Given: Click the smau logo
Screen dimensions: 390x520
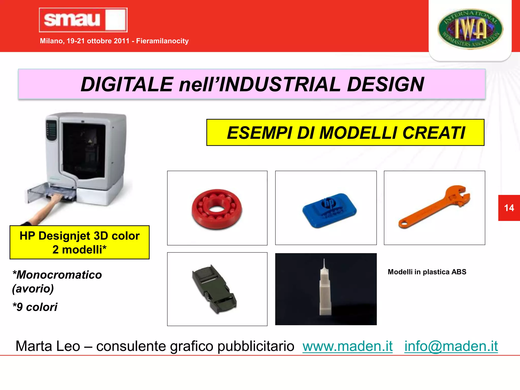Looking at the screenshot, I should coord(83,20).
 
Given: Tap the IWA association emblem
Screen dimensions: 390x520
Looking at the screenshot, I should coord(470,29).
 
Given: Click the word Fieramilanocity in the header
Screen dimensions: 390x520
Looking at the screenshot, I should coord(162,41).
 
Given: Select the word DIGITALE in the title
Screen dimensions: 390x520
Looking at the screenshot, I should coord(127,84).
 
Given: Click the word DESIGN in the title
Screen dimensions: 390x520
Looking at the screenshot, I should coord(385,84).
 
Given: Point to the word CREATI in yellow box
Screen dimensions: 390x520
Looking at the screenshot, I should coord(434,133).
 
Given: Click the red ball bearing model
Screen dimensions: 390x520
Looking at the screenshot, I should coord(217,209).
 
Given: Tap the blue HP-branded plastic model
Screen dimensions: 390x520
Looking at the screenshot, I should coord(329,210).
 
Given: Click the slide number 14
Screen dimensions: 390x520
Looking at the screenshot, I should coord(509,208).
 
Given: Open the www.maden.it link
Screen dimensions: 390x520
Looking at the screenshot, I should coord(347,346).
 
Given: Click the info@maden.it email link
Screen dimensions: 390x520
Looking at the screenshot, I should coord(451,346).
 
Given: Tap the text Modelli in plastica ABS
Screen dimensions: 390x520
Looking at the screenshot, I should coord(427,272).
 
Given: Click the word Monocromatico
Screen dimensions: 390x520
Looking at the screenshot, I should coord(59,275).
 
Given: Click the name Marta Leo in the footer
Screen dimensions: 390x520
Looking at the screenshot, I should coord(48,346).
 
